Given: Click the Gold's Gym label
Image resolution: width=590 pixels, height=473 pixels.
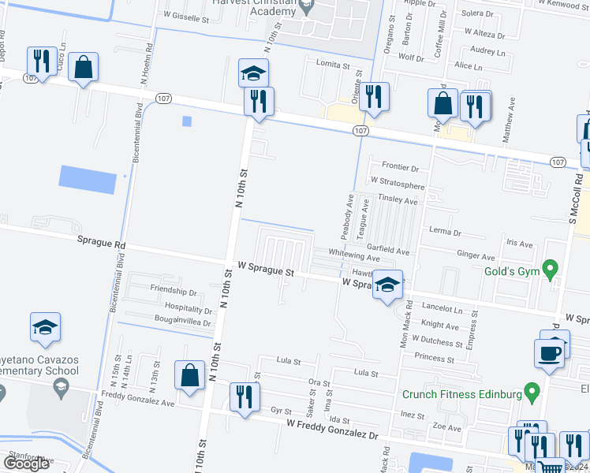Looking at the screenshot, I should coord(510,272).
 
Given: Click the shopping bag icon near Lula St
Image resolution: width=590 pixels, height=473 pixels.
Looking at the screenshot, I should coord(189,377).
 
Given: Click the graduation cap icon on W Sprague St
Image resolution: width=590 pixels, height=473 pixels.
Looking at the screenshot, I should coord(387,287).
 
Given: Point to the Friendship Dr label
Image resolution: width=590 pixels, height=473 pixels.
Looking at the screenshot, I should coord(173,290).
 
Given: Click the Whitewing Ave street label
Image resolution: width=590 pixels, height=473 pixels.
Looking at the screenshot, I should coord(354,257).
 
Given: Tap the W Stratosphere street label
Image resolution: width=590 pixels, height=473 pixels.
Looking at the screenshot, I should coord(398,186).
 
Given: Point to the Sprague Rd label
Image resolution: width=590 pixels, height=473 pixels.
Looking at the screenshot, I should coord(101,244).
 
